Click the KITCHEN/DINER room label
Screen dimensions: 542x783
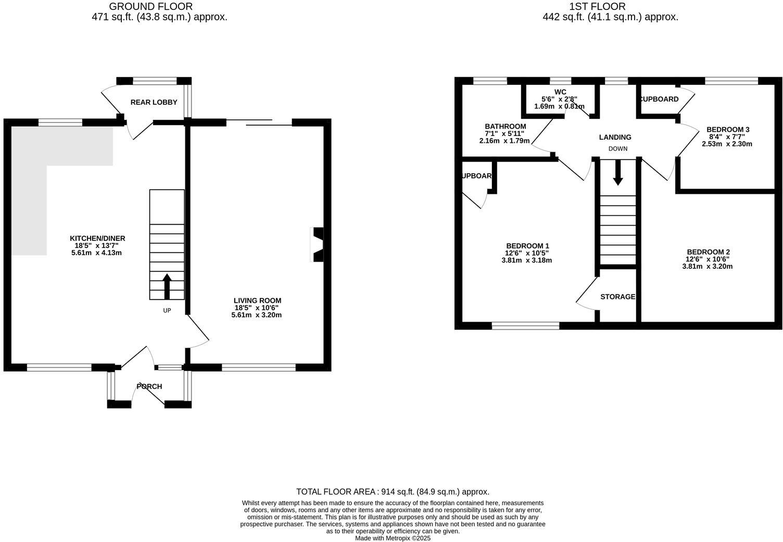pyautogui.click(x=98, y=238)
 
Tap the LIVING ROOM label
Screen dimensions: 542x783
pyautogui.click(x=257, y=301)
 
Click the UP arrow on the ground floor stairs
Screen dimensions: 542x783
pyautogui.click(x=167, y=286)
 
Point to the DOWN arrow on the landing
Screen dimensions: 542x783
pyautogui.click(x=617, y=173)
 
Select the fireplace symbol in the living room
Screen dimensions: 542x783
pyautogui.click(x=317, y=244)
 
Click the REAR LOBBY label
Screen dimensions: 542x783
pyautogui.click(x=154, y=102)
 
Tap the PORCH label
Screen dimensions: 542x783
pyautogui.click(x=149, y=386)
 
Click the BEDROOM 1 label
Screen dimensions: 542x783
pyautogui.click(x=527, y=246)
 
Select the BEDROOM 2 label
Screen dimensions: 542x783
pyautogui.click(x=708, y=252)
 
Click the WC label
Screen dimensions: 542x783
pyautogui.click(x=560, y=92)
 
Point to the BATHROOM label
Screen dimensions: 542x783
pyautogui.click(x=505, y=126)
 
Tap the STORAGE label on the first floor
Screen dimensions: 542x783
pyautogui.click(x=617, y=297)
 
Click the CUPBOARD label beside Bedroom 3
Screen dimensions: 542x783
pyautogui.click(x=659, y=99)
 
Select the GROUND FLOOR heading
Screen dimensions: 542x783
pyautogui.click(x=151, y=7)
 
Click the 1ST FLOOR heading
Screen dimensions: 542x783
pyautogui.click(x=597, y=7)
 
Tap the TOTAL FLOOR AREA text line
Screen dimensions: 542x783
pyautogui.click(x=393, y=491)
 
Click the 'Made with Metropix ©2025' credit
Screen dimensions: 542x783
pyautogui.click(x=393, y=538)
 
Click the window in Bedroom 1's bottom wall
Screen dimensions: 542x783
pyautogui.click(x=525, y=326)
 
